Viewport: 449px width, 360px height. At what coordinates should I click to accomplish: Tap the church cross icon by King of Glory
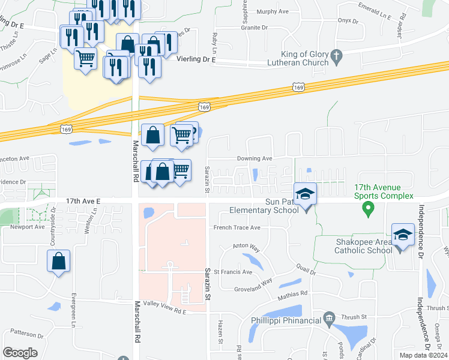point(337,58)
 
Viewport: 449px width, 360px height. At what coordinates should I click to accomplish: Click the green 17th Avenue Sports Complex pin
point(369,210)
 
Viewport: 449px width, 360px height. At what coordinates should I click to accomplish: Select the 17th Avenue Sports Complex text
point(384,192)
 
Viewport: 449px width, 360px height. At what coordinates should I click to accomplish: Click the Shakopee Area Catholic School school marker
point(403,235)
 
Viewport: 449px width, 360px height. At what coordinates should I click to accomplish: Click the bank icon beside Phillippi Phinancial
point(328,317)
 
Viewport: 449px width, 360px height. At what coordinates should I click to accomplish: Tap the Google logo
point(20,352)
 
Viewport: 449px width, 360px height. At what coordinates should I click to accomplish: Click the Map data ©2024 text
point(423,355)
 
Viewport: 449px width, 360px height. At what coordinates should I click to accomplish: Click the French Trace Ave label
point(238,228)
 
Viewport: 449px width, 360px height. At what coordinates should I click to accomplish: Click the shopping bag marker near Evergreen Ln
point(58,262)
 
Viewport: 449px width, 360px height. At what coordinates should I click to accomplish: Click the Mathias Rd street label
point(292,293)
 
